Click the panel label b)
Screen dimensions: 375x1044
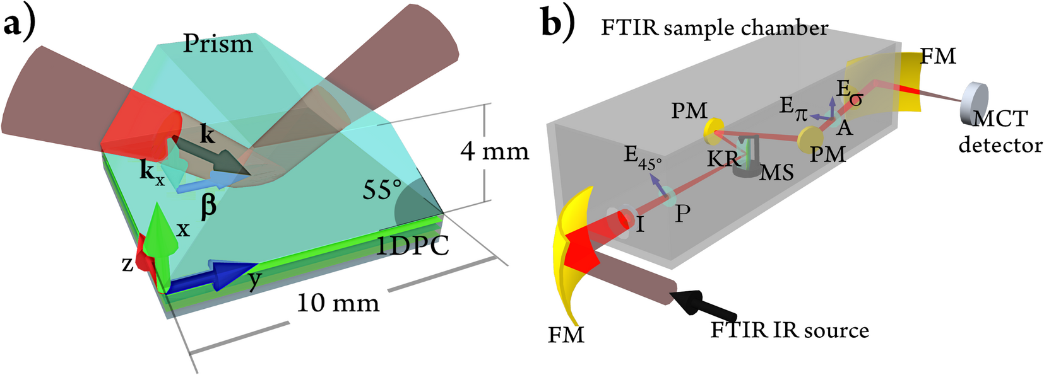coord(558,26)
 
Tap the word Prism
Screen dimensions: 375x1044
coord(218,44)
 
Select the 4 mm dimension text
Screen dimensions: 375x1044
coord(494,152)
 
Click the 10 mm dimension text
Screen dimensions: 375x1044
coord(338,304)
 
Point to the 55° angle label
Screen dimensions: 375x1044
coord(382,190)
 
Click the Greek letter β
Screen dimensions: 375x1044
coord(208,207)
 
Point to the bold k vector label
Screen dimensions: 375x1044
coord(207,134)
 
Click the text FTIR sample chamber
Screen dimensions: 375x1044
coord(714,28)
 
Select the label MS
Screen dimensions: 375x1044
coord(776,173)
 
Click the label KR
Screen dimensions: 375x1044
coord(723,159)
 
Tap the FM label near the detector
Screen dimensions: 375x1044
coord(938,57)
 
